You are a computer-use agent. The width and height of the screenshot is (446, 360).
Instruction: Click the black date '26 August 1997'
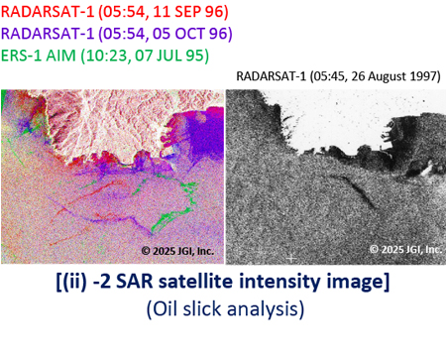point(379,75)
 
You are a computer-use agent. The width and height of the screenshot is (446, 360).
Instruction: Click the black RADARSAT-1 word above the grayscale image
point(275,75)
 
